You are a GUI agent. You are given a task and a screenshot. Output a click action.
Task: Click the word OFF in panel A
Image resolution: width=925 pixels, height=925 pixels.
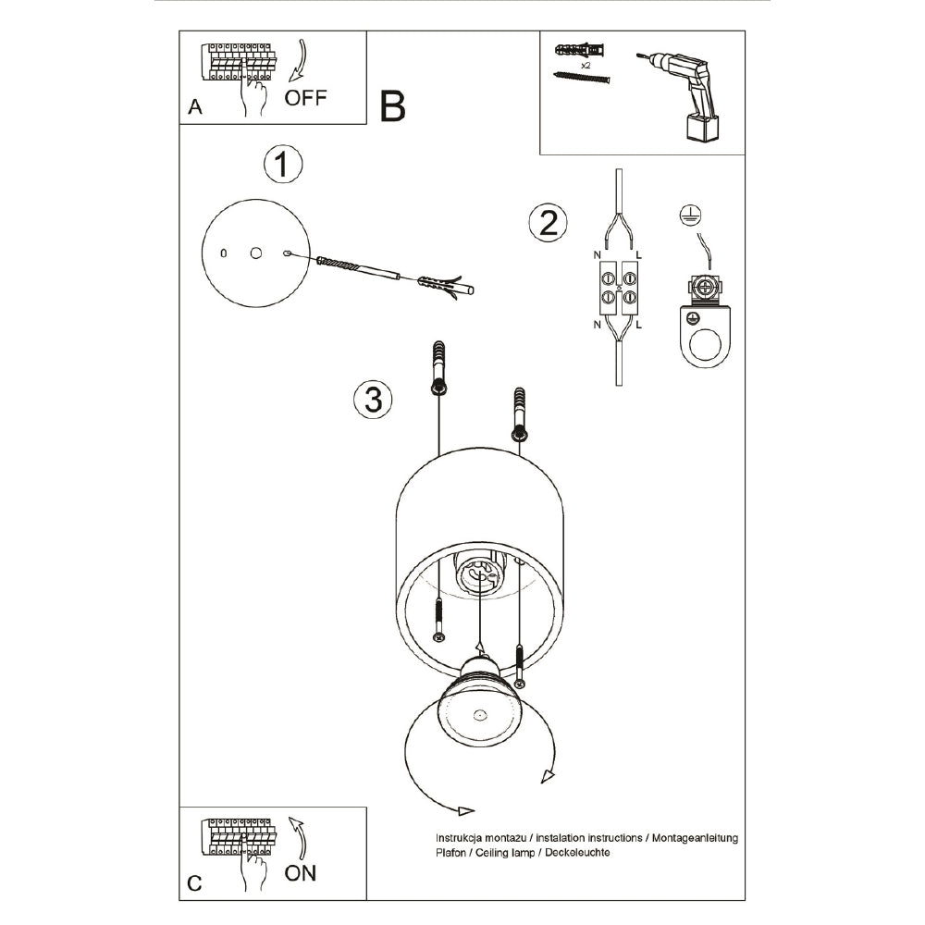[x=305, y=98]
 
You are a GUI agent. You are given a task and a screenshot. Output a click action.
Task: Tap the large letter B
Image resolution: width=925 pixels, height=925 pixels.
[x=393, y=107]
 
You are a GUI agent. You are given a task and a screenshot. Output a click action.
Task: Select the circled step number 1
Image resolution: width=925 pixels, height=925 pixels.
[x=283, y=165]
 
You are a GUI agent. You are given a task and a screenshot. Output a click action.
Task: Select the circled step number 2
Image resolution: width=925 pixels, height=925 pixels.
[x=547, y=223]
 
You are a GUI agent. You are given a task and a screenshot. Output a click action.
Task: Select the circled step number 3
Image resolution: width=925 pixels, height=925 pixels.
[x=373, y=400]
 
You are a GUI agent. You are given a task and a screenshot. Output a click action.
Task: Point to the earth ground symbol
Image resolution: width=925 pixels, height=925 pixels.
[x=687, y=215]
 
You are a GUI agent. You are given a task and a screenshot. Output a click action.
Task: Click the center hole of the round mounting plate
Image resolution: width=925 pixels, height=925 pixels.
[x=255, y=252]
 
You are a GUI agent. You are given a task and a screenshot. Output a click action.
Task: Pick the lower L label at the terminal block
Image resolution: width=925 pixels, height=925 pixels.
[x=640, y=325]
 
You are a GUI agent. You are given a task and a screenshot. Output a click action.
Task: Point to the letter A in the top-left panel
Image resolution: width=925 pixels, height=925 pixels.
[x=194, y=107]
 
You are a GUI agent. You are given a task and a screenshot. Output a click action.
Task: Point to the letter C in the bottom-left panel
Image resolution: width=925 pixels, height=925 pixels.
[x=194, y=883]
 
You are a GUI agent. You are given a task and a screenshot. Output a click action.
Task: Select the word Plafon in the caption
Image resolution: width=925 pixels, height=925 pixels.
[x=450, y=852]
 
